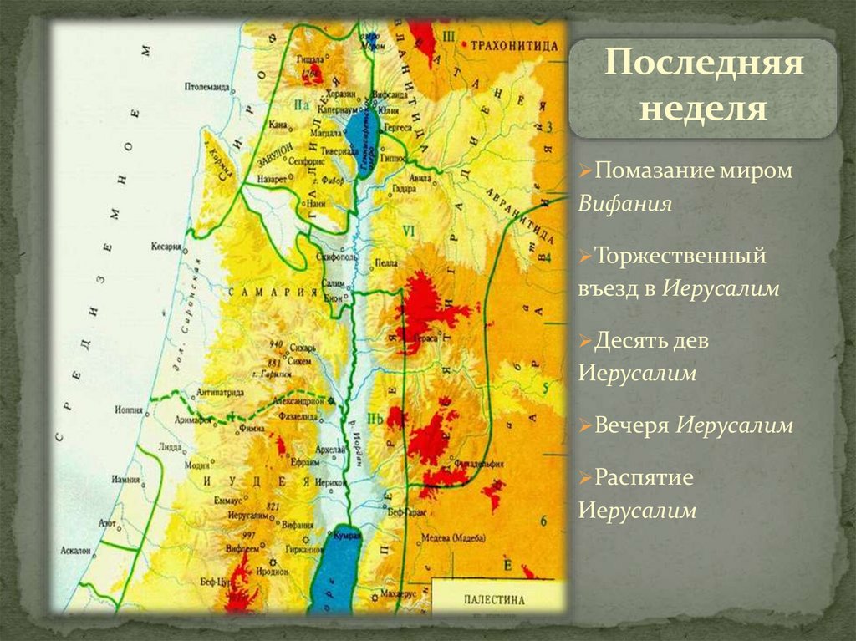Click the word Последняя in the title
point(703,64)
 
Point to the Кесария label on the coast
point(167,247)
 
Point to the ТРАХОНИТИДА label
point(513,45)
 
